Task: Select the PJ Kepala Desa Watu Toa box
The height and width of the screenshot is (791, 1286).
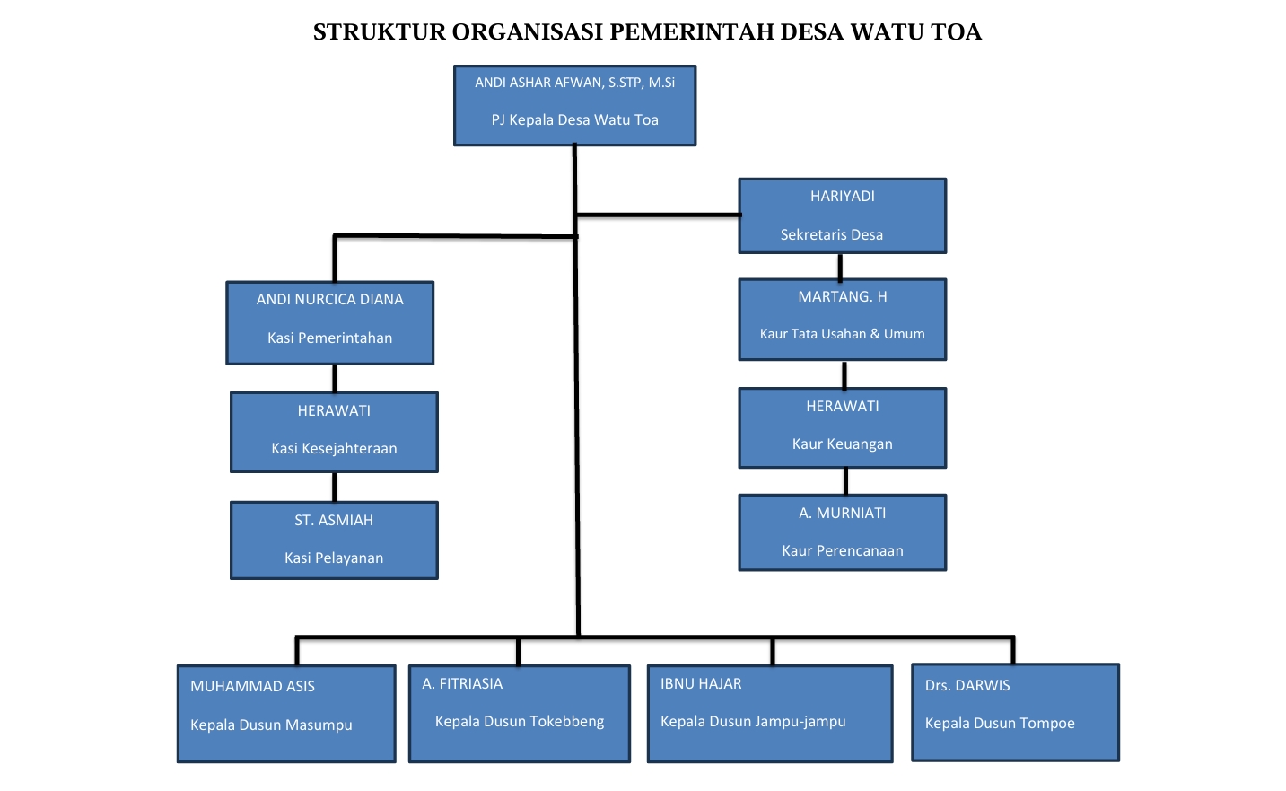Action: [x=574, y=105]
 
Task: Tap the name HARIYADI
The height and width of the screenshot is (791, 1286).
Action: [x=842, y=196]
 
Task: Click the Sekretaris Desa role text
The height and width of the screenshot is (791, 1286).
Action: [x=831, y=234]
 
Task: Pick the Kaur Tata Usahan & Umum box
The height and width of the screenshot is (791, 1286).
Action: [x=842, y=320]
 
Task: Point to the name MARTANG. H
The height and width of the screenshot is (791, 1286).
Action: [x=842, y=296]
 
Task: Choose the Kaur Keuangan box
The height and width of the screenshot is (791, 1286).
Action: [x=842, y=427]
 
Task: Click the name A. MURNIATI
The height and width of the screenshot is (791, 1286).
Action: [x=842, y=513]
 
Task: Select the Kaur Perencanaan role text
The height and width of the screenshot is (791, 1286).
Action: [x=842, y=550]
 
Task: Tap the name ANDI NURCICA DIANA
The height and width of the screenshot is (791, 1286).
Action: [x=329, y=299]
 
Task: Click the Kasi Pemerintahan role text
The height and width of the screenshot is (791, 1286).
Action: [x=329, y=338]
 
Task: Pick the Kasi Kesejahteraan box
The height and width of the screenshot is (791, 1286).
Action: [x=334, y=432]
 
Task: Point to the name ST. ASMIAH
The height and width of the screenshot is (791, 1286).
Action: [x=334, y=520]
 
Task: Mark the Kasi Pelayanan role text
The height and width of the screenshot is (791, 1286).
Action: [x=334, y=558]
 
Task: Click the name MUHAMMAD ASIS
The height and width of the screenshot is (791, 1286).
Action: [x=252, y=686]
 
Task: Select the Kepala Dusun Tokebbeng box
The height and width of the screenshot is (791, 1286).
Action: [x=519, y=714]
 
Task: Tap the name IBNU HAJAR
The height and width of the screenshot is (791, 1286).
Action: [x=701, y=683]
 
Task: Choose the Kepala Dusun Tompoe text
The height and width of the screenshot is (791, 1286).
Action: [x=1000, y=723]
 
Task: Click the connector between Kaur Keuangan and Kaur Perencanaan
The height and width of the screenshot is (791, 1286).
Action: [x=845, y=481]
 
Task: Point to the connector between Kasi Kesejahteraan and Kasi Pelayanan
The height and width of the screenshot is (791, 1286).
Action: [x=335, y=487]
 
